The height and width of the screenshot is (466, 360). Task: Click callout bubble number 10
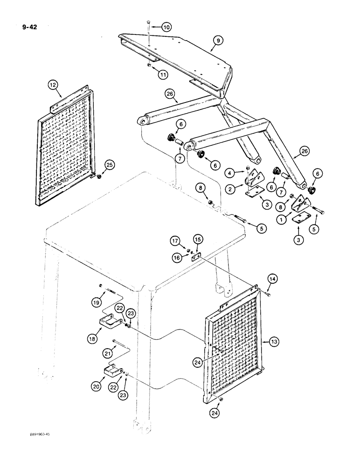167,27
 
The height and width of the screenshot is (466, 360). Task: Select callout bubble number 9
216,41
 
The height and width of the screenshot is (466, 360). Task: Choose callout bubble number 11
162,74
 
